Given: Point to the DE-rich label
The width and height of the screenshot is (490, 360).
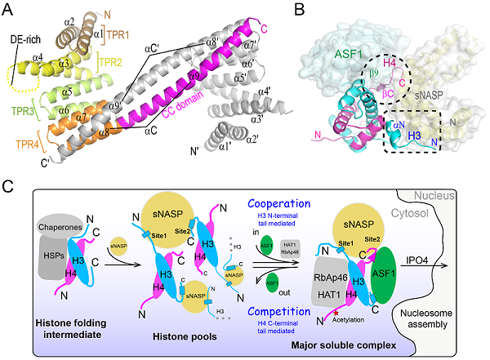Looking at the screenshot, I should point(19,48).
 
